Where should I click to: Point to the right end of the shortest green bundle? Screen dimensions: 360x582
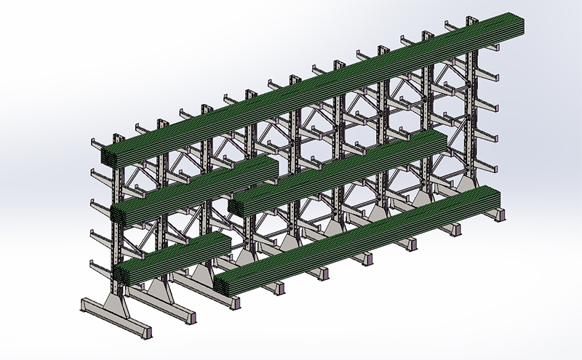tap(227, 243)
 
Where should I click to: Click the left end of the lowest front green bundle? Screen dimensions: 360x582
tap(223, 284)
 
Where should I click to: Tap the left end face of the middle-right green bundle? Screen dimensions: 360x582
tap(236, 206)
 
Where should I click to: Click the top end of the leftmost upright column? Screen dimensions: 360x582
tap(116, 137)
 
